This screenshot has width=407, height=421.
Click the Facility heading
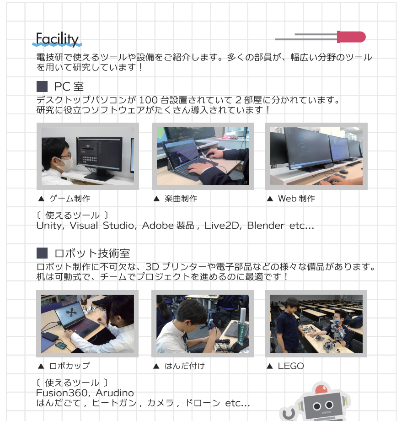tap(57, 38)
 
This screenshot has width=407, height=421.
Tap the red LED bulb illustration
tap(351, 37)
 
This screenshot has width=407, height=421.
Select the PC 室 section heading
tap(69, 87)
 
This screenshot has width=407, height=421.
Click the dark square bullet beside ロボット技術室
tap(42, 253)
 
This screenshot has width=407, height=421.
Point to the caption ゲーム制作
tap(70, 199)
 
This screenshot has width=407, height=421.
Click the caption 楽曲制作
tap(181, 199)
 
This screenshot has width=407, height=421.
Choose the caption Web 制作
tap(296, 199)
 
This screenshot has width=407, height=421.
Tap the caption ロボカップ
tap(70, 366)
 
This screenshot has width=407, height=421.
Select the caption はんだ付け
tap(185, 366)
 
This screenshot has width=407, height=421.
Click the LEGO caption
tap(291, 366)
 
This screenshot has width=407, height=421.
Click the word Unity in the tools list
tap(50, 226)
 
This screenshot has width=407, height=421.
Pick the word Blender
tap(266, 226)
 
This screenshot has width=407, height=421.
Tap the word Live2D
tap(222, 226)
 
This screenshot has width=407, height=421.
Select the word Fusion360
tap(62, 393)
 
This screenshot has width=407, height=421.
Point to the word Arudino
tap(115, 393)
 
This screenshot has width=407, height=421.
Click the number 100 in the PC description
tap(148, 100)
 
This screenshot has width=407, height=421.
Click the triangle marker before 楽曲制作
tap(156, 199)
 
